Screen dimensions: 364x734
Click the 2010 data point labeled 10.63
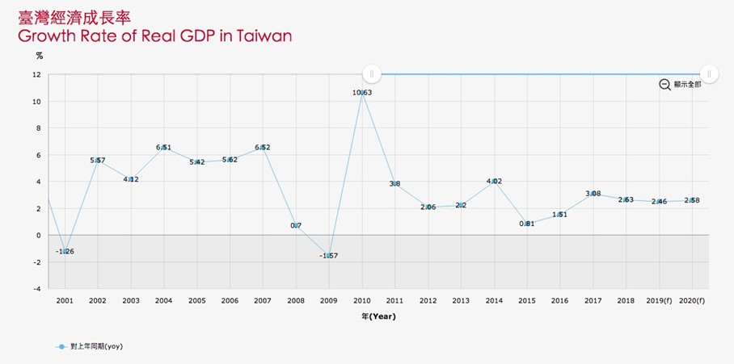click(362, 93)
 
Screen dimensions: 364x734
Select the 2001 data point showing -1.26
click(65, 252)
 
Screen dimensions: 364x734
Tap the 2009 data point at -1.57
click(329, 256)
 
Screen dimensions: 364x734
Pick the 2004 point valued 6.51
click(164, 148)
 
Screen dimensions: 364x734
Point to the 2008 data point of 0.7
click(296, 225)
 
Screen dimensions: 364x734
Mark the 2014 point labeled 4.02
click(494, 182)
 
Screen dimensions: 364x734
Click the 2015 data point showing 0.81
click(527, 224)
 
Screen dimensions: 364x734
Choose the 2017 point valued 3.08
click(593, 194)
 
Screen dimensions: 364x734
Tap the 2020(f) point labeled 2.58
click(692, 200)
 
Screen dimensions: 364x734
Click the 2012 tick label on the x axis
click(428, 300)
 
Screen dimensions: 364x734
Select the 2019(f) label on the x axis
click(659, 300)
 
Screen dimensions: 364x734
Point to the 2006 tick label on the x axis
click(230, 300)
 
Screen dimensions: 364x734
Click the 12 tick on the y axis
click(37, 74)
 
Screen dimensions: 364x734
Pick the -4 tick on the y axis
click(37, 288)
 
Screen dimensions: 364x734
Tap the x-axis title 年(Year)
click(378, 317)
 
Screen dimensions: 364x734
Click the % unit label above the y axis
click(39, 56)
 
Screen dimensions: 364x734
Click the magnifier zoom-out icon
click(664, 85)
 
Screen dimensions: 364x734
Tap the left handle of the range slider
click(371, 74)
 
